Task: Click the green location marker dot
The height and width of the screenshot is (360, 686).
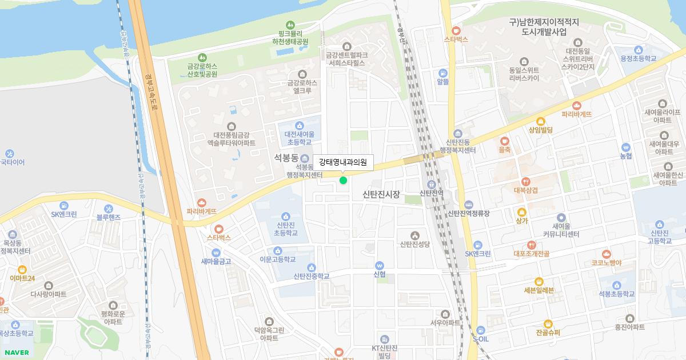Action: click(x=343, y=181)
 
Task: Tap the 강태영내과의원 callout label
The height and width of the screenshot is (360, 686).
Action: click(x=343, y=162)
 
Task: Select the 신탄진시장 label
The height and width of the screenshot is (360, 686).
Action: click(x=381, y=195)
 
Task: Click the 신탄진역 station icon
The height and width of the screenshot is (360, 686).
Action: click(x=432, y=184)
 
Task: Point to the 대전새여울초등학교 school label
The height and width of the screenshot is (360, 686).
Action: click(x=299, y=138)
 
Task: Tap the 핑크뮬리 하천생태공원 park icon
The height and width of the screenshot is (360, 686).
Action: click(x=290, y=25)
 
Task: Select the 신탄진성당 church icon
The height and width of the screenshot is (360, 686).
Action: click(x=415, y=235)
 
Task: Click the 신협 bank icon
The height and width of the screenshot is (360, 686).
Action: click(x=379, y=266)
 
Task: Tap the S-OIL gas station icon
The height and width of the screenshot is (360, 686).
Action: click(x=481, y=330)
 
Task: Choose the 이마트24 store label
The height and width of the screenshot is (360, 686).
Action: click(x=22, y=278)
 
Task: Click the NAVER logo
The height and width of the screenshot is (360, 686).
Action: click(x=17, y=352)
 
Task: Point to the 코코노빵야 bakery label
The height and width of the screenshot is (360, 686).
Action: click(x=607, y=263)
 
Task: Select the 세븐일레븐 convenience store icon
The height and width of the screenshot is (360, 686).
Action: click(x=539, y=281)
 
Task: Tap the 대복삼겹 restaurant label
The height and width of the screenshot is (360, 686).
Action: click(x=526, y=190)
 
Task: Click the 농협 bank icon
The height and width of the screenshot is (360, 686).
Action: click(x=626, y=147)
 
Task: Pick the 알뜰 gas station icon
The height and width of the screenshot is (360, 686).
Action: click(x=442, y=73)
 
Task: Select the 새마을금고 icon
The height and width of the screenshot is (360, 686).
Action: click(x=216, y=253)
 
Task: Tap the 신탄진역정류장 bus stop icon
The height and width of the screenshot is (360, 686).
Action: click(x=469, y=205)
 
